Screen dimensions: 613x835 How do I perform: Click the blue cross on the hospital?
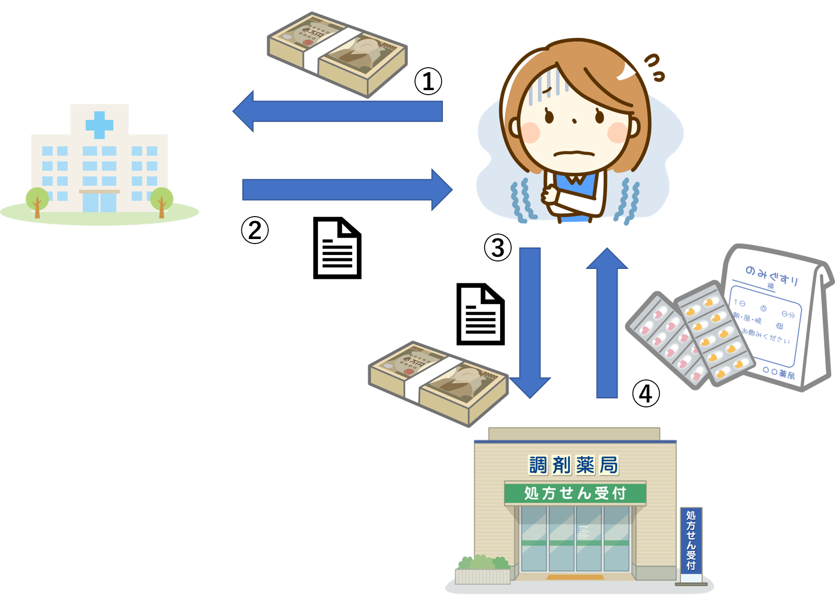[100, 124]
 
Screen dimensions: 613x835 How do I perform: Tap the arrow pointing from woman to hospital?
[338, 111]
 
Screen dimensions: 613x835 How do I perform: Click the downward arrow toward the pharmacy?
[530, 319]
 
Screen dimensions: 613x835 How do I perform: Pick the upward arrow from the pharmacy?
[607, 324]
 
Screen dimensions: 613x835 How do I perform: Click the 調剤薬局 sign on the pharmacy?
[573, 465]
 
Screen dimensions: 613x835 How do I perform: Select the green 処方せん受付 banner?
[575, 493]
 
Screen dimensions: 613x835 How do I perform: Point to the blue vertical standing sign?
[691, 540]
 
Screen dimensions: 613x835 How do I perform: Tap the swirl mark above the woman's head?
[654, 68]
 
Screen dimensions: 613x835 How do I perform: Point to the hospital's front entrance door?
[100, 202]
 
